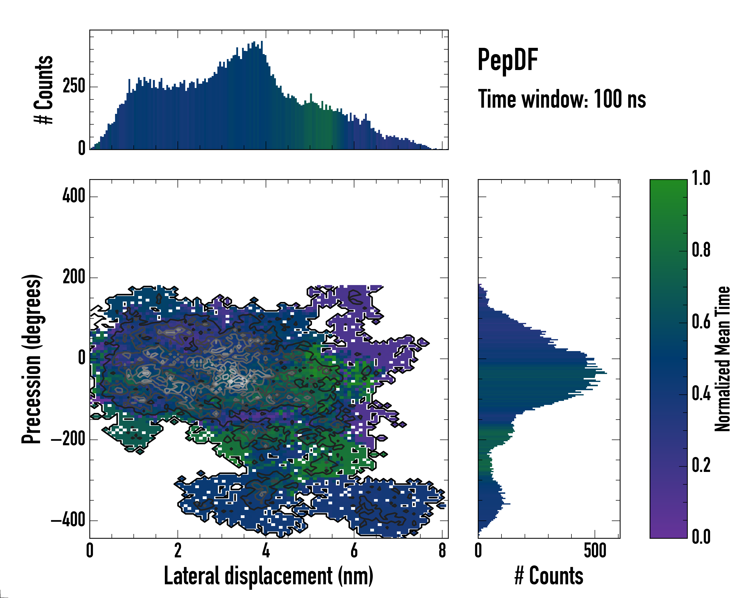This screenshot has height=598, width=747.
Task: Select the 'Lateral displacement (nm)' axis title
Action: coord(268,576)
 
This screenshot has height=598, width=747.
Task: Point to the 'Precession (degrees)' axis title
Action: coord(32,359)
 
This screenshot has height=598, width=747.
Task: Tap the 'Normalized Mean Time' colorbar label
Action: coord(722,359)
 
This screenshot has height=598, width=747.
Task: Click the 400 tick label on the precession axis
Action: coord(73,196)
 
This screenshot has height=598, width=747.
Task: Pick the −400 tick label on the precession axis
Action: coord(68,520)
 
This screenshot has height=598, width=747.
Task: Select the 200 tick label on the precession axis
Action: coord(73,277)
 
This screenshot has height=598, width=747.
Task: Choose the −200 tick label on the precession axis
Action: coord(68,439)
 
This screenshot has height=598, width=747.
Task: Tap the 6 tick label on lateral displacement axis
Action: coord(354,550)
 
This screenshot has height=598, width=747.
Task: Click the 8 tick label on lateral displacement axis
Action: coord(442,550)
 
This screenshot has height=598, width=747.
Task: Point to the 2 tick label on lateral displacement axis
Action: coord(178,550)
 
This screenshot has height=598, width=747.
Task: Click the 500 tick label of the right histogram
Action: coord(595,550)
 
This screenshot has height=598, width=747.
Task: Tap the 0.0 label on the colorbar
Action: coord(701,537)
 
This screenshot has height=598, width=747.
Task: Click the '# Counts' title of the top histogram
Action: coord(44,89)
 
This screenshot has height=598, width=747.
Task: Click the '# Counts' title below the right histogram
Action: coord(549,576)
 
